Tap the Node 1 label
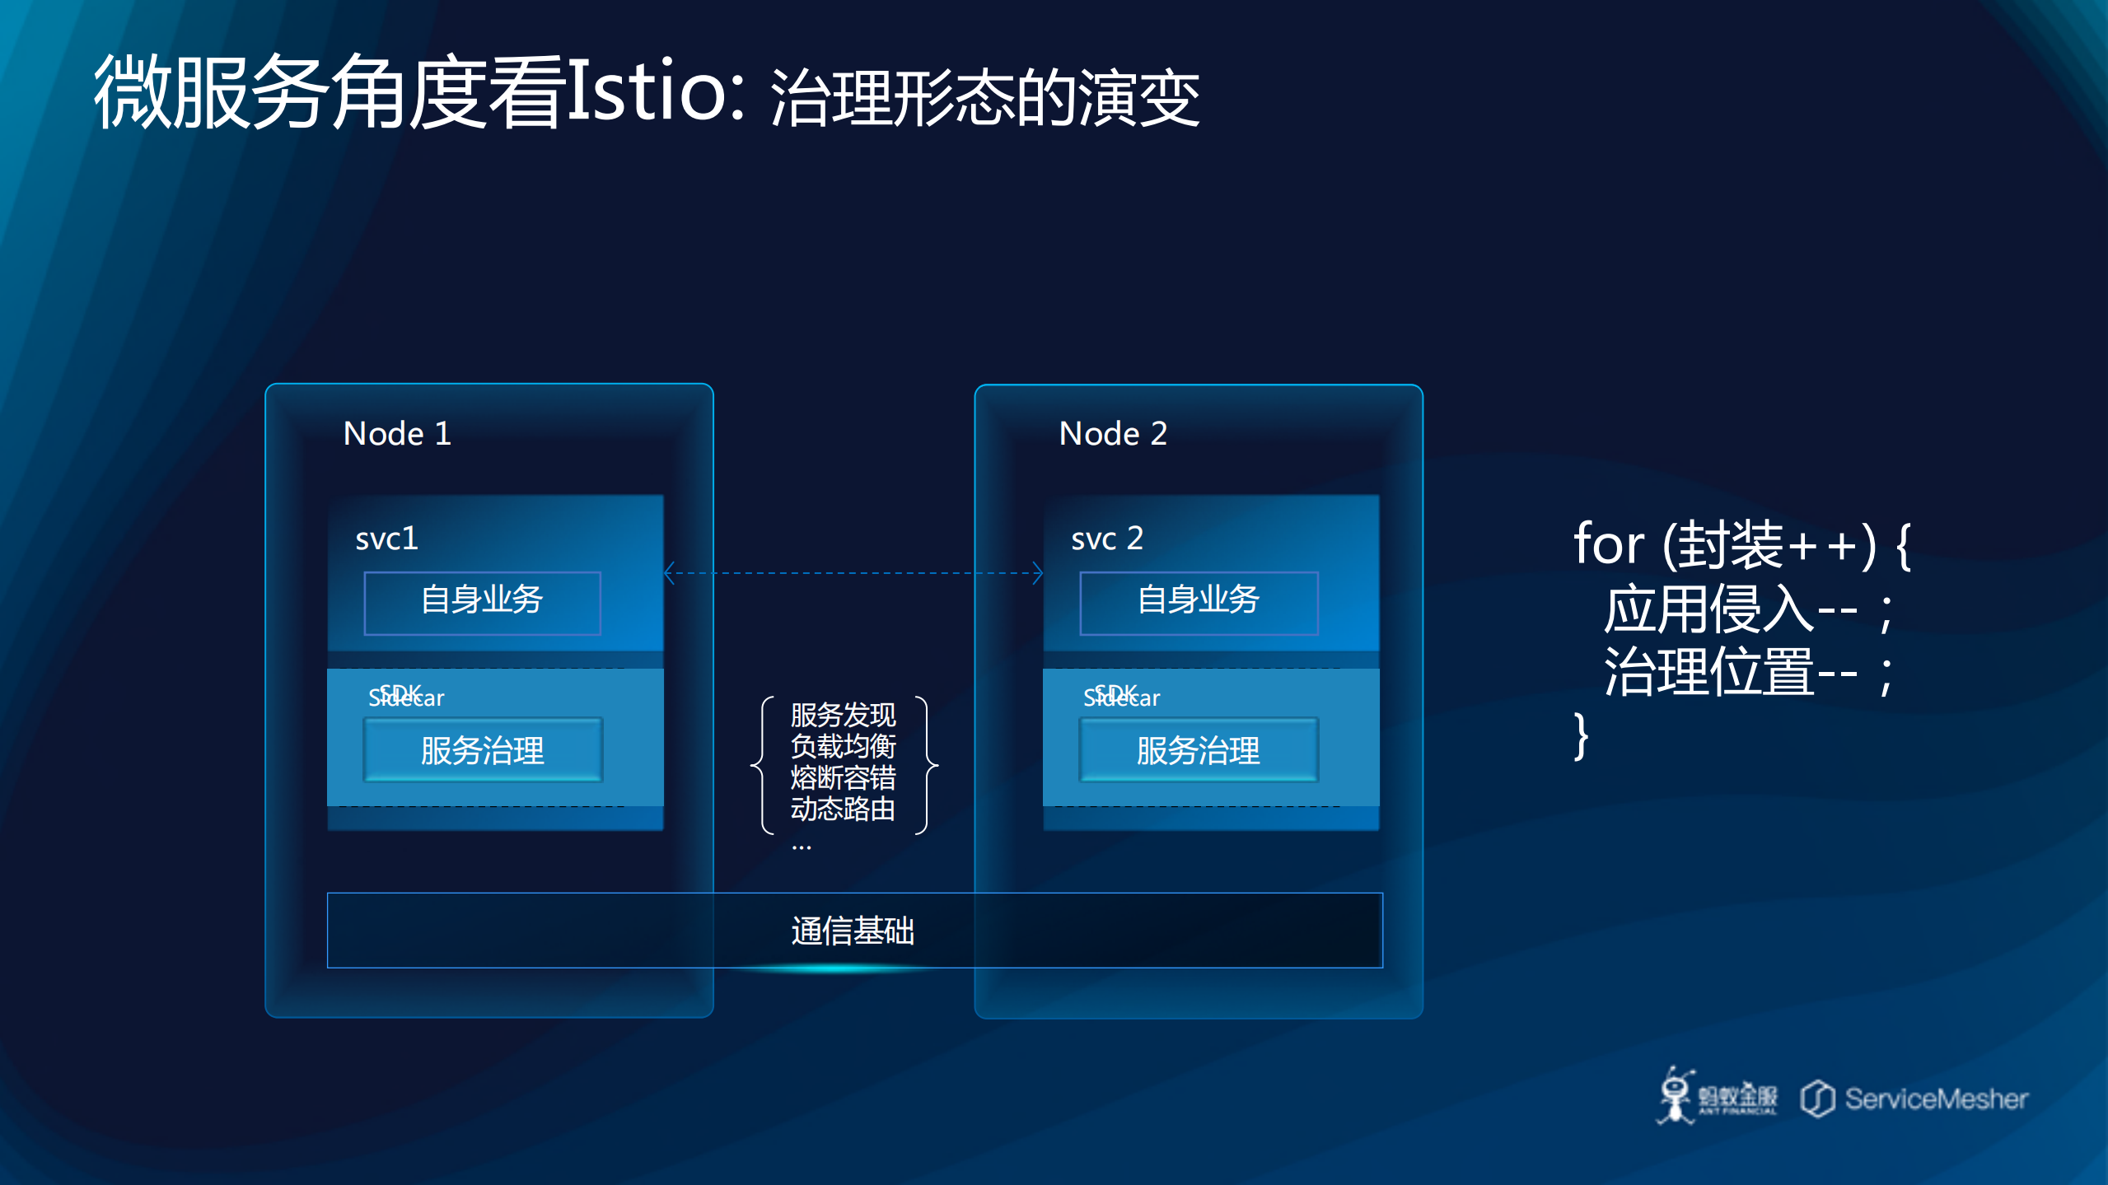tap(397, 433)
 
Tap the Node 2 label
tap(1113, 433)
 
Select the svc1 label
tap(386, 539)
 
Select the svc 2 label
tap(1106, 539)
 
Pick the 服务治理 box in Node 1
tap(483, 750)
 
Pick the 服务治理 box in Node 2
tap(1199, 750)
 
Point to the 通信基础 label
tap(853, 931)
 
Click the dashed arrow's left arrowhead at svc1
tap(670, 572)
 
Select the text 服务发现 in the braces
tap(843, 715)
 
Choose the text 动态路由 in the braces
tap(843, 809)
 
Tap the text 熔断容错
tap(843, 777)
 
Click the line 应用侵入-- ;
tap(1746, 611)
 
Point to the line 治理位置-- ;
tap(1746, 673)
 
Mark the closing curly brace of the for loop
tap(1581, 736)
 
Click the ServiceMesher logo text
tap(1935, 1099)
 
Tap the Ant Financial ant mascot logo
tap(1676, 1096)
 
